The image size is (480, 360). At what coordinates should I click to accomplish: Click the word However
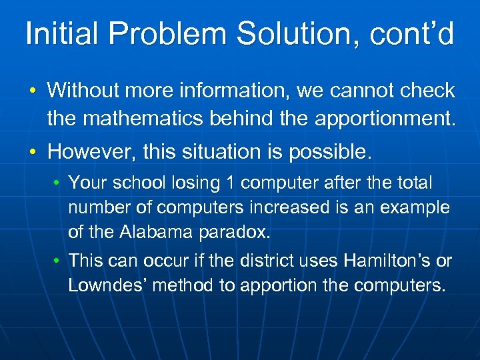click(x=86, y=152)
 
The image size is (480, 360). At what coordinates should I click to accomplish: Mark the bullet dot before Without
click(x=33, y=91)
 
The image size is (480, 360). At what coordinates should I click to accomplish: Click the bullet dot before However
click(x=33, y=153)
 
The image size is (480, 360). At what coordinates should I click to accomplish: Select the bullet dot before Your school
click(x=58, y=183)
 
